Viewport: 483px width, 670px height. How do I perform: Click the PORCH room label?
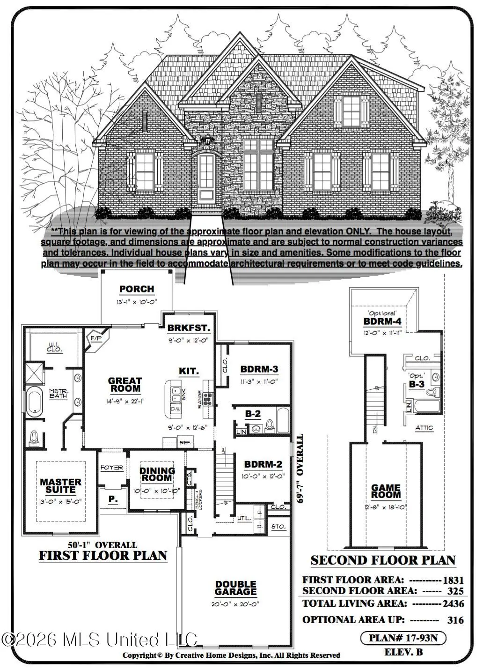click(x=136, y=289)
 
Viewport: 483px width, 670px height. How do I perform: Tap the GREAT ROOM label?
click(x=124, y=385)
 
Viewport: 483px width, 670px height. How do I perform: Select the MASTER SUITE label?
click(x=60, y=485)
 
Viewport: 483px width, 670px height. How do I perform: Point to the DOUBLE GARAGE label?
click(x=236, y=588)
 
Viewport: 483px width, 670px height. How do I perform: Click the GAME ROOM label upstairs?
click(x=386, y=491)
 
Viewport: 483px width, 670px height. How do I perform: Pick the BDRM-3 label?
click(x=259, y=369)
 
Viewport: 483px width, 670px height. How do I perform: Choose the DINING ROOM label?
click(x=157, y=474)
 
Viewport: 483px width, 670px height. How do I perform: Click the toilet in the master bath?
click(x=34, y=438)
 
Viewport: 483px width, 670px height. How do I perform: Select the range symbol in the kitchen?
click(x=207, y=399)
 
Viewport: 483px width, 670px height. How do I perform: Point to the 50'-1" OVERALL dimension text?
click(x=102, y=545)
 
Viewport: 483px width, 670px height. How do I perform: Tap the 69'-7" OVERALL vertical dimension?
click(x=300, y=469)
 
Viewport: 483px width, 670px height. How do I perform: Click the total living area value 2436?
click(x=454, y=604)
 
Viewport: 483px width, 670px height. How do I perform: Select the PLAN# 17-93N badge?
click(x=402, y=638)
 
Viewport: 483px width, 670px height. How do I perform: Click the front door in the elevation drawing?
click(x=206, y=178)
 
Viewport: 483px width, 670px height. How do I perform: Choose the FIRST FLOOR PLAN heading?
click(x=102, y=556)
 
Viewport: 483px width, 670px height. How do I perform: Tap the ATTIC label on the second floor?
click(x=424, y=428)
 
